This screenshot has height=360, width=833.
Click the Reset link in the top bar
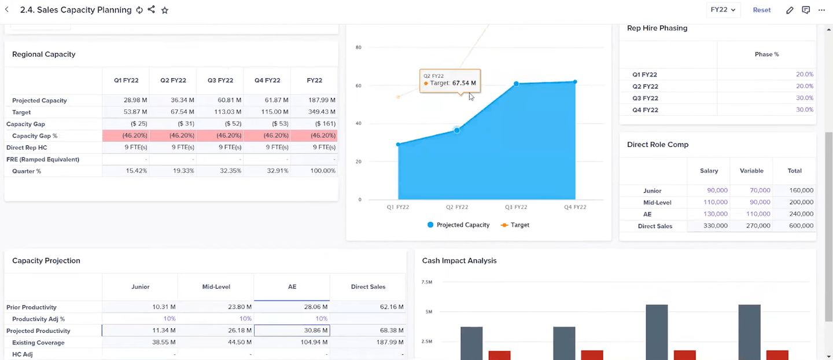point(761,10)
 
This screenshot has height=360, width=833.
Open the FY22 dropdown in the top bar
point(723,10)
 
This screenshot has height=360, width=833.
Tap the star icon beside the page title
point(165,10)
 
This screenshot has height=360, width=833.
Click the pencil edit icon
point(790,10)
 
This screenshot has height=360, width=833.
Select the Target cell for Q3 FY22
point(220,112)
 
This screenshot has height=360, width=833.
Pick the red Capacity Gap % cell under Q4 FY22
point(267,135)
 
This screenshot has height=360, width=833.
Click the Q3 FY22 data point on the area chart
point(516,84)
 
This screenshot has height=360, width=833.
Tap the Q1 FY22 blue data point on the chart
point(398,144)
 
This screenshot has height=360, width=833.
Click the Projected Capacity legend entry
point(459,225)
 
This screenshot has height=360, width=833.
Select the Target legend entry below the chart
point(515,225)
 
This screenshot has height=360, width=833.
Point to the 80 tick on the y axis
point(358,47)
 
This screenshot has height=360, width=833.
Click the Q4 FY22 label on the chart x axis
point(575,207)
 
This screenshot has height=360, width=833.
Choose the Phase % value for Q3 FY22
point(804,98)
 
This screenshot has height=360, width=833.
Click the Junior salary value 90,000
point(717,190)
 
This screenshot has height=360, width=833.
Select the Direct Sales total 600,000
point(801,225)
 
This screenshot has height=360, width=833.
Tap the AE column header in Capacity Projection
point(292,286)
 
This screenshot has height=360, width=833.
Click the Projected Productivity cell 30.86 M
point(292,330)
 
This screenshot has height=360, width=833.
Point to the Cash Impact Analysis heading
point(459,260)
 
